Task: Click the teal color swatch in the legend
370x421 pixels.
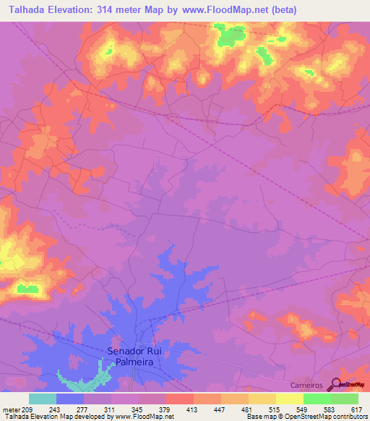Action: coord(43,399)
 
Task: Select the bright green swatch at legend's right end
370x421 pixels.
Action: coord(344,399)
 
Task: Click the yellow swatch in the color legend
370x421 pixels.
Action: coord(289,399)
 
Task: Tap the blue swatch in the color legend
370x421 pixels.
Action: coord(70,399)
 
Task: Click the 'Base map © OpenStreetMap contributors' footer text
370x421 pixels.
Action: coord(307,417)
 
